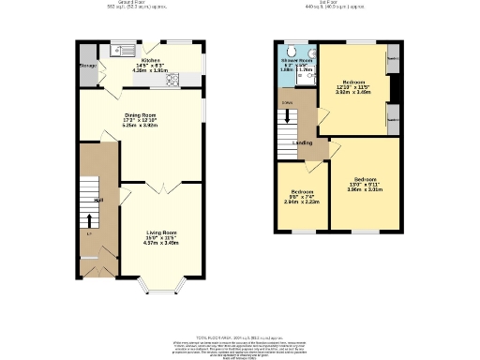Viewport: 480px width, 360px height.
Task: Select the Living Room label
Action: point(161,232)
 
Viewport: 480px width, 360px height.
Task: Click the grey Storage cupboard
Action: point(87,65)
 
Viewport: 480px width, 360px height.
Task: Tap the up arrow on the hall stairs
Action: point(90,222)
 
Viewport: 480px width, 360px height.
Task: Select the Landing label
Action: point(303,142)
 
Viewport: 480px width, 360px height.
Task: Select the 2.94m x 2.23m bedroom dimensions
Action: point(303,201)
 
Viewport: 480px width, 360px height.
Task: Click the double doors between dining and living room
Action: point(160,187)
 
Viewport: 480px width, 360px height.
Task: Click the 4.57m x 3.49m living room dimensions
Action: point(161,242)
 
